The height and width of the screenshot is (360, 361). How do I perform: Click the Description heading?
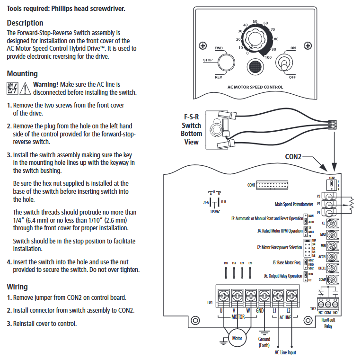pyautogui.click(x=25, y=23)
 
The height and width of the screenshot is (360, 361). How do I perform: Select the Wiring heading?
pyautogui.click(x=17, y=287)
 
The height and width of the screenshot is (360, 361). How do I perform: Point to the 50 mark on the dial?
pyautogui.click(x=255, y=21)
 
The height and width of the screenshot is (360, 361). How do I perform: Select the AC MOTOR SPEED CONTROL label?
pyautogui.click(x=255, y=87)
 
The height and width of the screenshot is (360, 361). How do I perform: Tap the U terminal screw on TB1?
pyautogui.click(x=224, y=295)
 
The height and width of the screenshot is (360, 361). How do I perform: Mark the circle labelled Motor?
pyautogui.click(x=236, y=338)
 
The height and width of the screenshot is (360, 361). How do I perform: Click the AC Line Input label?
pyautogui.click(x=285, y=352)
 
